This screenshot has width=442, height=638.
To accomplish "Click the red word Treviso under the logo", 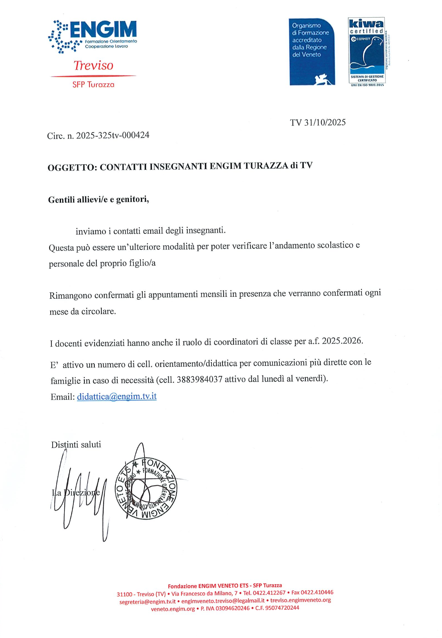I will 93,65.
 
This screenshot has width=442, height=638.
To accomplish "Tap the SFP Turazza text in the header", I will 93,84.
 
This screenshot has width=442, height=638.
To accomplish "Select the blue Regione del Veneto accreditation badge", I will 312,51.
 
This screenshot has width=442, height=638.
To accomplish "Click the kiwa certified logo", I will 366,51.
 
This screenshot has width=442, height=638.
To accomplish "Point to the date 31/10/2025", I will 325,122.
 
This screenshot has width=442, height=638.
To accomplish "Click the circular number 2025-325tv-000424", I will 113,136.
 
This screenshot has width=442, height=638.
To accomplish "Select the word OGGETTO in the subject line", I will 72,168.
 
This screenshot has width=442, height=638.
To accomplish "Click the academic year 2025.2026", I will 342,341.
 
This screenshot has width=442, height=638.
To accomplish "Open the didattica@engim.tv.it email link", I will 117,397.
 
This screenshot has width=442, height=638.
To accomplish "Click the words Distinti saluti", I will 76,445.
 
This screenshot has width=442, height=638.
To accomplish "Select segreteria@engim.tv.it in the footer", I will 147,602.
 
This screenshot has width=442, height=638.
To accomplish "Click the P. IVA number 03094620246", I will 233,608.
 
